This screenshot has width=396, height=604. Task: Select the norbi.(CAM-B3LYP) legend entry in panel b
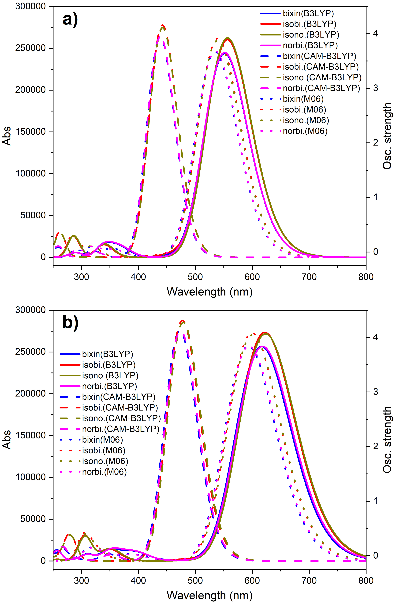pyautogui.click(x=120, y=429)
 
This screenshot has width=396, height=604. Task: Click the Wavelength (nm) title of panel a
pyautogui.click(x=210, y=292)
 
